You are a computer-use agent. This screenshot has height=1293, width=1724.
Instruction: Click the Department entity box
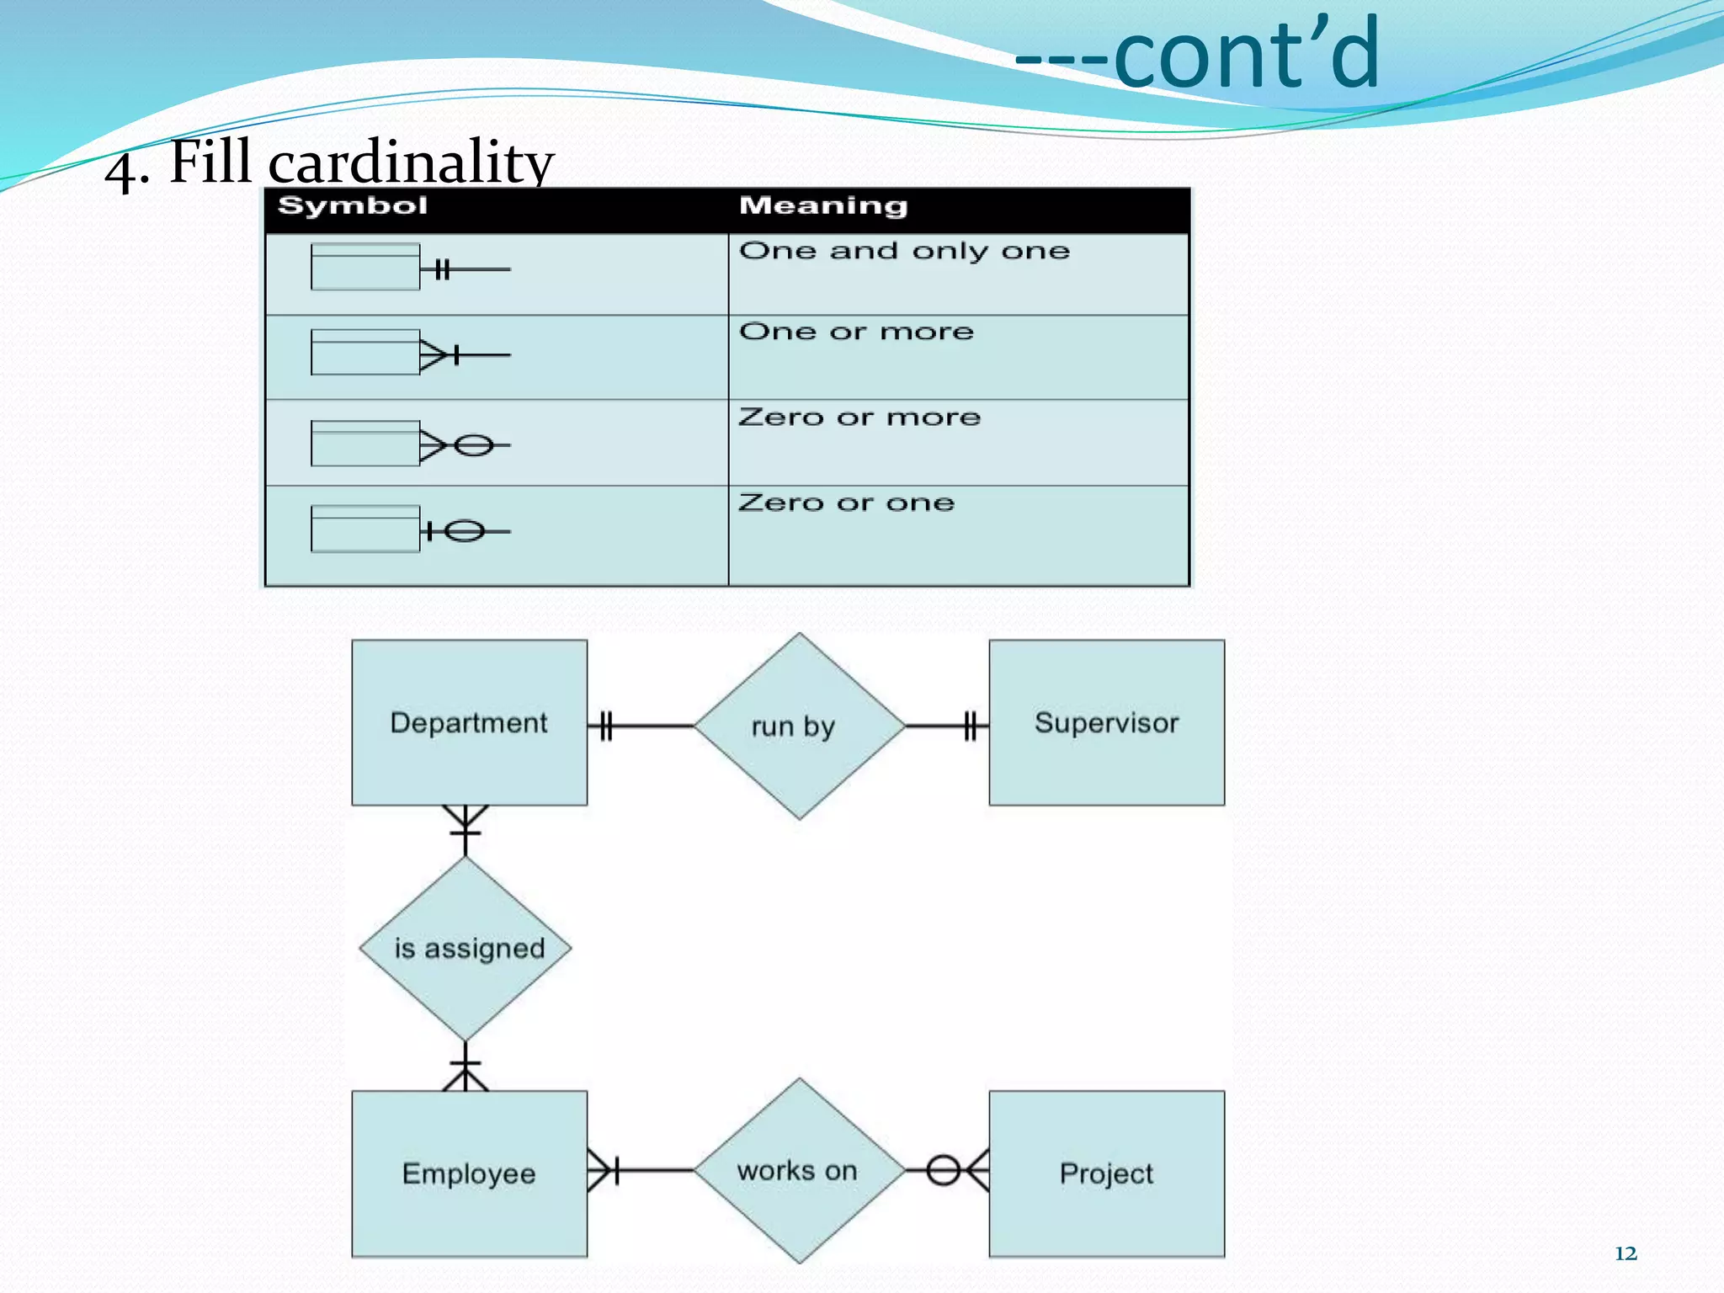click(469, 722)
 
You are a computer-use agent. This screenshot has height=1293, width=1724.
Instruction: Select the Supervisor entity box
click(1106, 722)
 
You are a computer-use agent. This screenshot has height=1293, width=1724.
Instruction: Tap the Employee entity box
click(469, 1173)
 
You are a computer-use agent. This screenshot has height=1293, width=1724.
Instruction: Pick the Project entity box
click(1106, 1173)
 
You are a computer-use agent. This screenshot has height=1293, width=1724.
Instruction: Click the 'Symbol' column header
click(353, 206)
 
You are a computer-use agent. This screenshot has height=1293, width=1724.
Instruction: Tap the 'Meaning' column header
click(822, 206)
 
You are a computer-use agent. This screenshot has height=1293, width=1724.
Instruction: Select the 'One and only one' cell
click(904, 252)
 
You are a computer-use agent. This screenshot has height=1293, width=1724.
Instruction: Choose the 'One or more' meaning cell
click(856, 333)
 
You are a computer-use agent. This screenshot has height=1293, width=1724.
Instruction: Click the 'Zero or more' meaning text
click(859, 418)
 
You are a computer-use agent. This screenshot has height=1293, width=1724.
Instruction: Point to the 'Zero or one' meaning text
click(846, 503)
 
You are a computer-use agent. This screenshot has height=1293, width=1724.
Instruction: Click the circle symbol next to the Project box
click(943, 1170)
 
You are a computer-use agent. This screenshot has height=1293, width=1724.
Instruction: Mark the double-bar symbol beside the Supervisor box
click(971, 725)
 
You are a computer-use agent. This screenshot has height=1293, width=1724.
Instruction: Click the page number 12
click(1626, 1253)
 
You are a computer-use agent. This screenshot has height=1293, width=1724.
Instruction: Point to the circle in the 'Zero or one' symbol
click(464, 531)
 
